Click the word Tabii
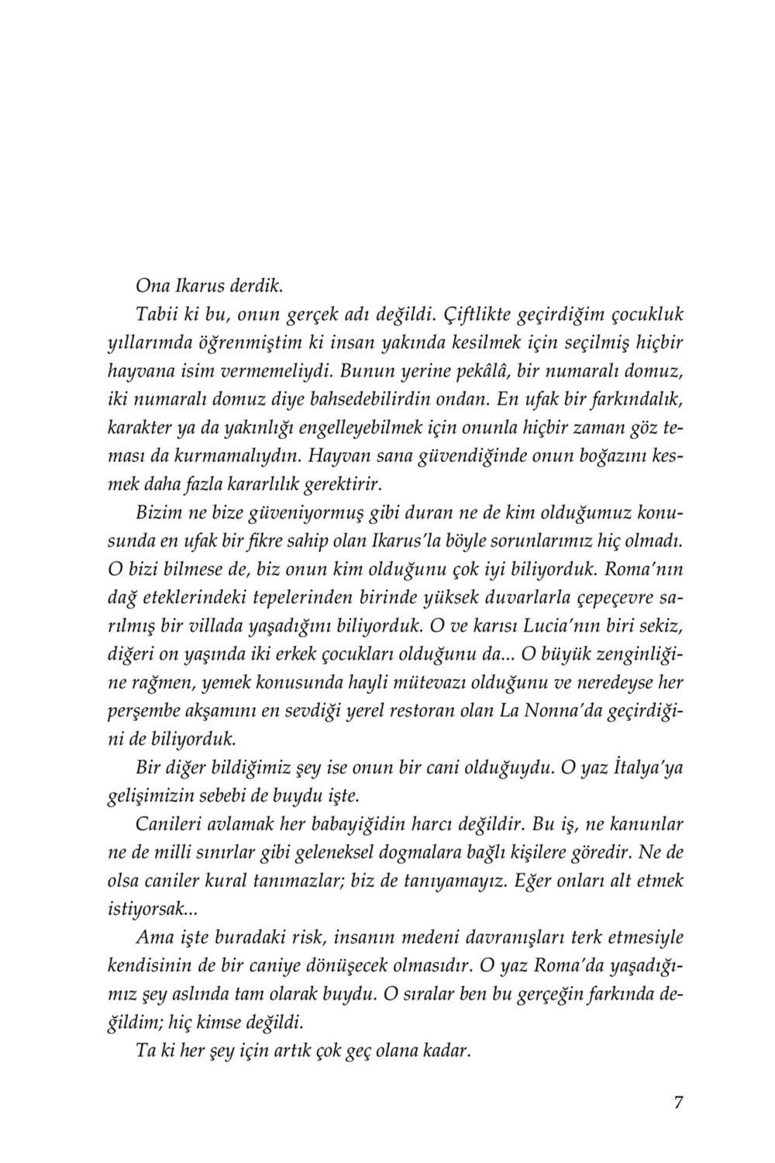tap(157, 316)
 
